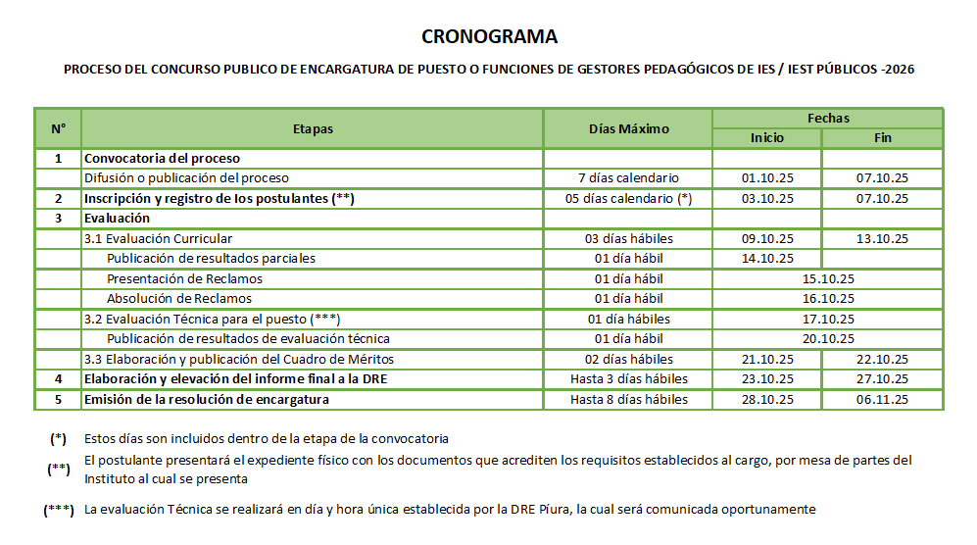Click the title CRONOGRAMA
(x=489, y=37)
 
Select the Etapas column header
(x=313, y=128)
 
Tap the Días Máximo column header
(x=628, y=128)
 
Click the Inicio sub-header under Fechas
(x=767, y=138)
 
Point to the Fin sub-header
(x=883, y=138)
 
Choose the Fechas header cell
(x=828, y=118)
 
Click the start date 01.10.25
(x=767, y=178)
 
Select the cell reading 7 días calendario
(x=628, y=178)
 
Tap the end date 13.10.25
(x=883, y=238)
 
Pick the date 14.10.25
(x=767, y=259)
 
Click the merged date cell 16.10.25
(x=828, y=299)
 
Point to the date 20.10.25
(x=828, y=339)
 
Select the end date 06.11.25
(x=883, y=400)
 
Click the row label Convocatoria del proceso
(x=162, y=158)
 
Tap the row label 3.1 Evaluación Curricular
(x=158, y=238)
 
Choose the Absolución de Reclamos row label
(x=179, y=299)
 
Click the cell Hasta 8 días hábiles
(x=628, y=400)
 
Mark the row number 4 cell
(x=58, y=379)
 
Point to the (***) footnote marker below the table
(x=59, y=511)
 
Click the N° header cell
(x=58, y=128)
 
